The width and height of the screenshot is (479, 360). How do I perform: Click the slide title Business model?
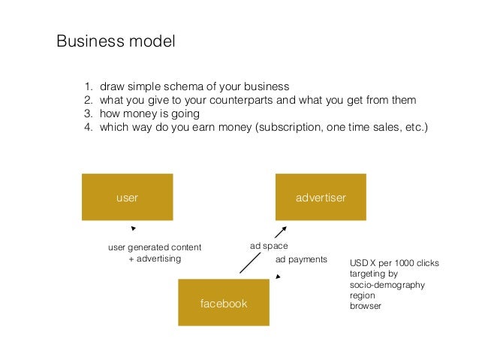tap(116, 40)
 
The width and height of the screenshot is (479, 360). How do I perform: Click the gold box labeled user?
tap(127, 198)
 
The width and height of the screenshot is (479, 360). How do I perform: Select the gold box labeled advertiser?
tap(321, 198)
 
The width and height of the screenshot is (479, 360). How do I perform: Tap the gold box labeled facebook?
tap(223, 303)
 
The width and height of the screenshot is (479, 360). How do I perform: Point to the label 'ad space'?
tap(268, 246)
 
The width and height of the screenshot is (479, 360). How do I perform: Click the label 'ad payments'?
tap(302, 259)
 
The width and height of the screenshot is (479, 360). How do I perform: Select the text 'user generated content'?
tap(155, 247)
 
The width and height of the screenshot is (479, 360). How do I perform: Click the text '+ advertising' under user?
tap(155, 259)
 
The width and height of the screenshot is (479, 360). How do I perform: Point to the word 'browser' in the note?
tap(366, 307)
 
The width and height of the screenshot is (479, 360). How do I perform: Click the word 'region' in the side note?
tap(363, 296)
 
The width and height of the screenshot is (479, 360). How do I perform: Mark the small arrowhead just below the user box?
tap(133, 228)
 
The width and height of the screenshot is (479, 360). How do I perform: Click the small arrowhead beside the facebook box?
tap(278, 277)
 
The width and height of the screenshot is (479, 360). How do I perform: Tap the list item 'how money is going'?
tap(150, 113)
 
